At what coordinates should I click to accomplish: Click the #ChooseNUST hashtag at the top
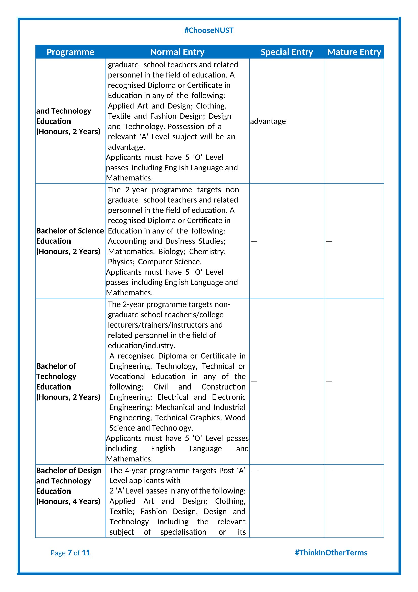[209, 30]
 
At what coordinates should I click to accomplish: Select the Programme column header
[70, 52]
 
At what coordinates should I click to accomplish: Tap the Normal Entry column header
[177, 52]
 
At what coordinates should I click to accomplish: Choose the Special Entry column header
[287, 52]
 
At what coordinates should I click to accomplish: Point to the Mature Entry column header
[354, 52]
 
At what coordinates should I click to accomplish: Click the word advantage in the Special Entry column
[268, 121]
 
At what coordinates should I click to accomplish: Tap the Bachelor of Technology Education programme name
[68, 381]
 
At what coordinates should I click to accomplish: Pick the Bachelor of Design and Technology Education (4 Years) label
[68, 486]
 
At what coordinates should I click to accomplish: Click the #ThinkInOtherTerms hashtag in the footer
[331, 553]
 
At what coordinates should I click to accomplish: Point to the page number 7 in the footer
[69, 553]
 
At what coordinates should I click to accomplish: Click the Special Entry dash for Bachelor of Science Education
[254, 241]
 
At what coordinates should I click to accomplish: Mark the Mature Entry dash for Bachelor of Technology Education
[329, 382]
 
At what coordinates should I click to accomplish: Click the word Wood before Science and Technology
[235, 417]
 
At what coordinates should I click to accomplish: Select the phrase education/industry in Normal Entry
[142, 345]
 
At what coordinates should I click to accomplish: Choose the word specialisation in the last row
[183, 532]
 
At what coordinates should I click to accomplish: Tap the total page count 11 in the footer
[86, 553]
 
